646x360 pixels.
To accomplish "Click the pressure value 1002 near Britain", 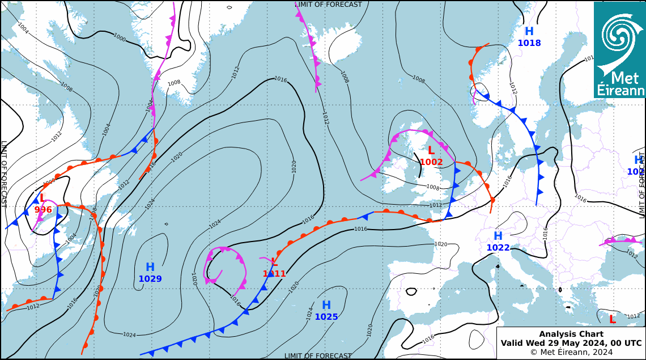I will pos(431,162).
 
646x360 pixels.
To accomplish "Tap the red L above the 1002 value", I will pos(431,151).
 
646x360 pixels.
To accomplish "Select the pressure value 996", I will pos(43,210).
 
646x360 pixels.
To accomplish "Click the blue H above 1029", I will pos(150,267).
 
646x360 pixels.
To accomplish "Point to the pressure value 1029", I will pos(150,279).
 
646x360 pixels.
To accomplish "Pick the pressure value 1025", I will pos(326,317).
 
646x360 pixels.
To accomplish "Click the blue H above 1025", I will pos(326,306).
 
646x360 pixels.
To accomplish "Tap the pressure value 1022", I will pos(498,248).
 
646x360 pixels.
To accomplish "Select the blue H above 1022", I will pos(498,236).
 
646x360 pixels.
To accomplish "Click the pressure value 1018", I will pos(529,43).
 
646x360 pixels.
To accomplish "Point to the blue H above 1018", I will pos(529,32).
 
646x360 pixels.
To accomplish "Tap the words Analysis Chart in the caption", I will pos(571,334).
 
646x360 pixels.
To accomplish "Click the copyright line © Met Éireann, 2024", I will pos(571,352).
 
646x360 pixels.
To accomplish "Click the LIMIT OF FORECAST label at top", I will pos(328,5).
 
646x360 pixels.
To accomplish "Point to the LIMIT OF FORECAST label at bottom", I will pos(318,356).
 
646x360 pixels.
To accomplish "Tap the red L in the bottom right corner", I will pos(612,320).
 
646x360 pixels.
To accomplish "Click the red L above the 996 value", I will pos(42,198).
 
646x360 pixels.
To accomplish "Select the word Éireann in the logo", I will pos(621,91).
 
